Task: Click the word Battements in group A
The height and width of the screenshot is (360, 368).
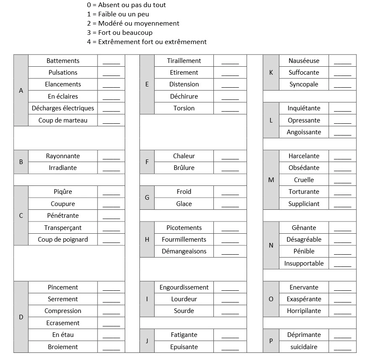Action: (x=63, y=61)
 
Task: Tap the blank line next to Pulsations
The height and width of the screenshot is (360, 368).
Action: (x=111, y=73)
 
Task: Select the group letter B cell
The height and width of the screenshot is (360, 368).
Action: (x=21, y=162)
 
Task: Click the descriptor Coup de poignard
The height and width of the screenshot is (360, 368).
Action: (x=63, y=240)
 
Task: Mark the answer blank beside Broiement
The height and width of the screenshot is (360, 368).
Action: (x=111, y=347)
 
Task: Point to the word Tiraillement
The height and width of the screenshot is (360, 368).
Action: (x=184, y=61)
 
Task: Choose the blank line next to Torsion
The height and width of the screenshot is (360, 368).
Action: (x=230, y=108)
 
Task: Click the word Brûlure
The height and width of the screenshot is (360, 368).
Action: (x=184, y=168)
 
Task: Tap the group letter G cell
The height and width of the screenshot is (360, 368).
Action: (x=147, y=198)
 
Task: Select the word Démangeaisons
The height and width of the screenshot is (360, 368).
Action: (x=184, y=251)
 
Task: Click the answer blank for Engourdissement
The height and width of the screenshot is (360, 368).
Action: (x=230, y=287)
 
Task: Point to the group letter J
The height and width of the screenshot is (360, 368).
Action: (x=147, y=341)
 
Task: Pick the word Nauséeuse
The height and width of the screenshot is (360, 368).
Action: (x=304, y=61)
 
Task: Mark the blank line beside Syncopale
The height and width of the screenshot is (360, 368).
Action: (x=342, y=84)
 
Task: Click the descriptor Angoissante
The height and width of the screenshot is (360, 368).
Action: (x=304, y=132)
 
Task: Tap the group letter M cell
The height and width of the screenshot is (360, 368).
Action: (x=271, y=180)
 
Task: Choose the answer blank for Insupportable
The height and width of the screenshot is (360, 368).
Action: (x=342, y=263)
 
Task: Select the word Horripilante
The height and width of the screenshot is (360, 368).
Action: (x=304, y=311)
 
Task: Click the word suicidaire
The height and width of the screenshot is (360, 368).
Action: (x=304, y=347)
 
